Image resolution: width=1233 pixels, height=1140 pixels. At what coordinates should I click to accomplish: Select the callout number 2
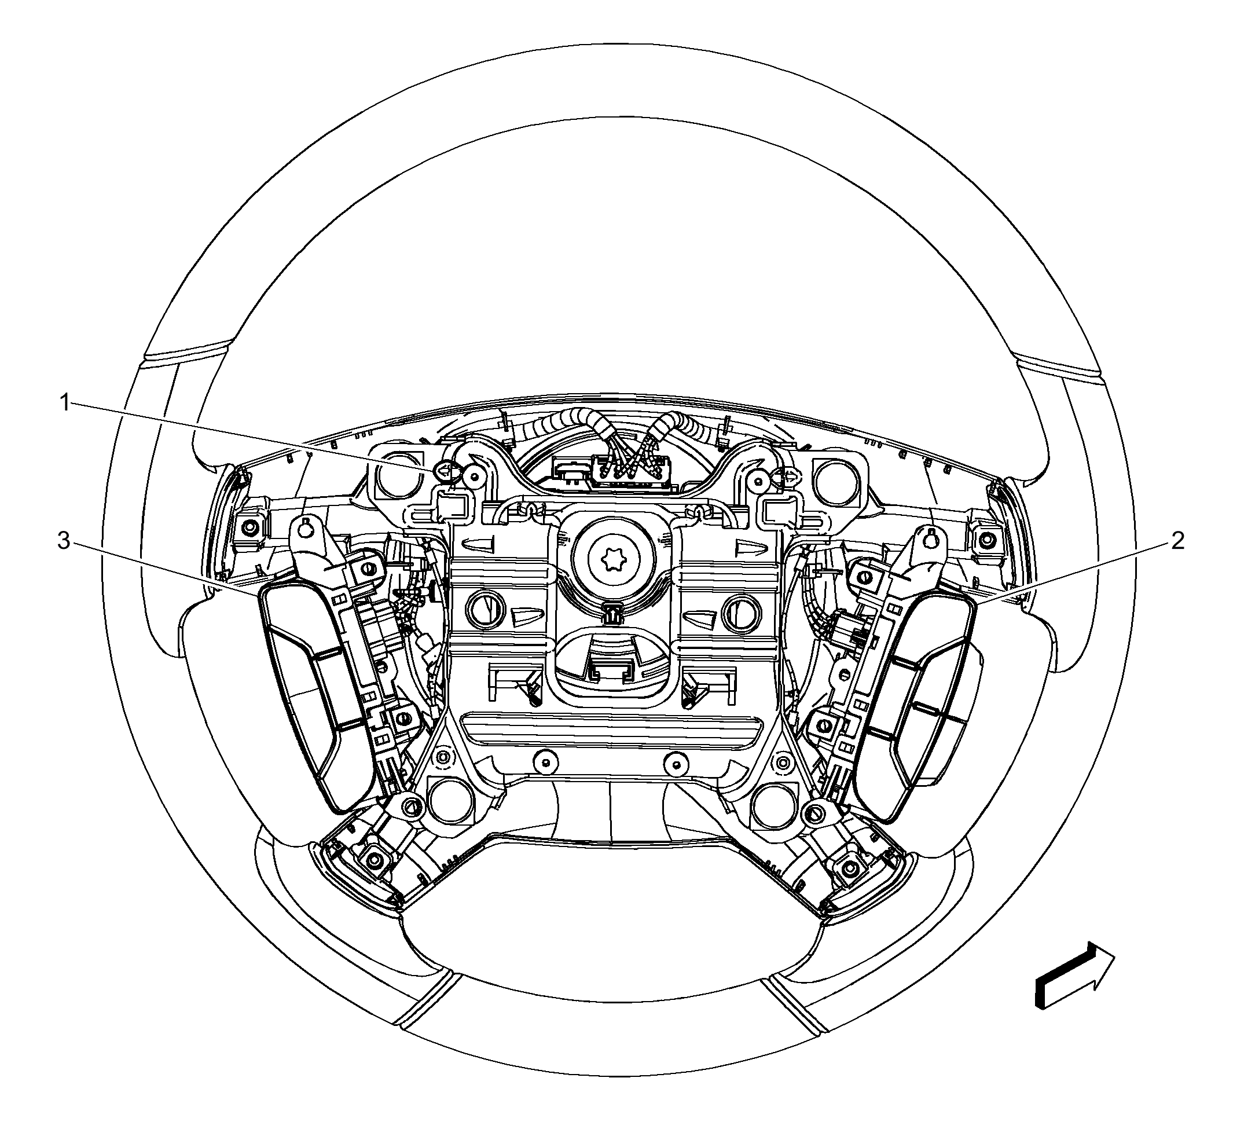pyautogui.click(x=1177, y=541)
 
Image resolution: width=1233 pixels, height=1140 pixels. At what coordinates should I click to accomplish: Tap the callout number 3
pyautogui.click(x=64, y=541)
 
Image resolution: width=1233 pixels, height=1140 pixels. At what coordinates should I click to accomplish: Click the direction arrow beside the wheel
pyautogui.click(x=1074, y=974)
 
